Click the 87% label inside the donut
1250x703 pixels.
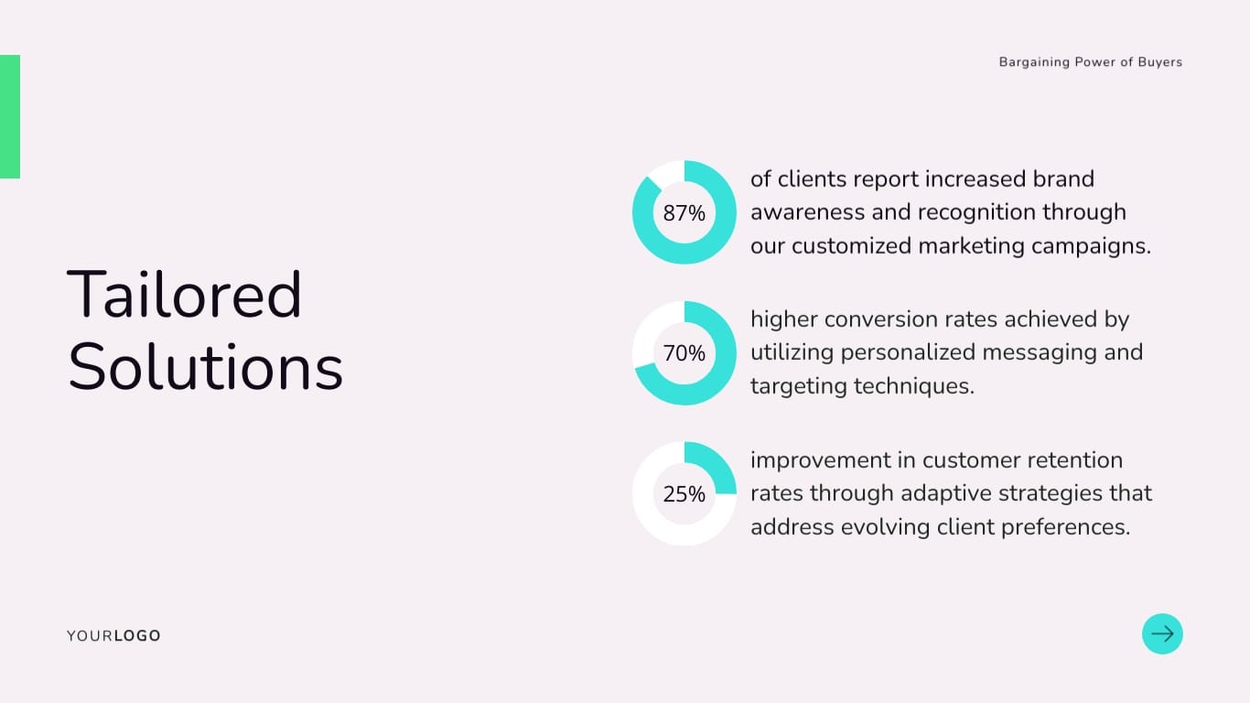tap(684, 212)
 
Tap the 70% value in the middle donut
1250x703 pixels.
tap(684, 353)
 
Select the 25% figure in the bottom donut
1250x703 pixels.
tap(684, 493)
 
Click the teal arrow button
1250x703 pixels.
tap(1162, 633)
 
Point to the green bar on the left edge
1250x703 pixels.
tap(10, 116)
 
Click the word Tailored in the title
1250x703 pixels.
tap(184, 294)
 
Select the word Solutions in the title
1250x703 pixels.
tap(205, 367)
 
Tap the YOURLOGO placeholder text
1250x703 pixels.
tap(113, 635)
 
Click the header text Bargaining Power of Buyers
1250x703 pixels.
tap(1091, 62)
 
